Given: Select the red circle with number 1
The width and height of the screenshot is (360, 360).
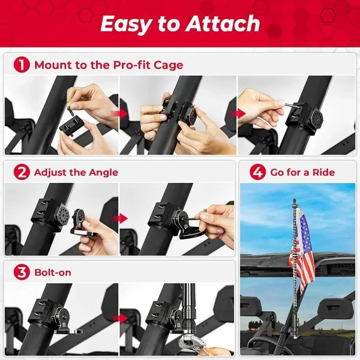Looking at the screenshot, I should coord(22,65).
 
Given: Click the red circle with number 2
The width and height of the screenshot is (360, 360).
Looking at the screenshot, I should coord(22,173).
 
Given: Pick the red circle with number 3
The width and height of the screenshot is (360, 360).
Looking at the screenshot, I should coord(22,272).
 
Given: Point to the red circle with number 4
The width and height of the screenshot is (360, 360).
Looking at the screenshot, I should coord(257,173).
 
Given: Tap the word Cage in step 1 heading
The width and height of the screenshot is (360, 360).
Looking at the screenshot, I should coord(169,65).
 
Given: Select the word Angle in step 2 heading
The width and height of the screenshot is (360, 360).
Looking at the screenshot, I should coord(101,173).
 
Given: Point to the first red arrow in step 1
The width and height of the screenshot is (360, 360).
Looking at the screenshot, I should coord(122,113).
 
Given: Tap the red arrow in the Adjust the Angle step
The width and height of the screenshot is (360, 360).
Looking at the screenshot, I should coord(121,218).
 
